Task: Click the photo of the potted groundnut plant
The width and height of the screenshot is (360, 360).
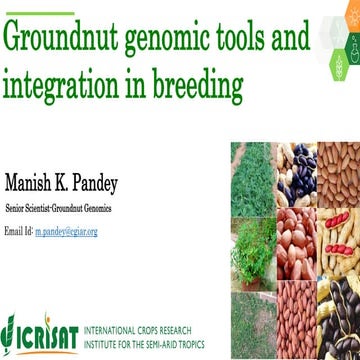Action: pos(251,250)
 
